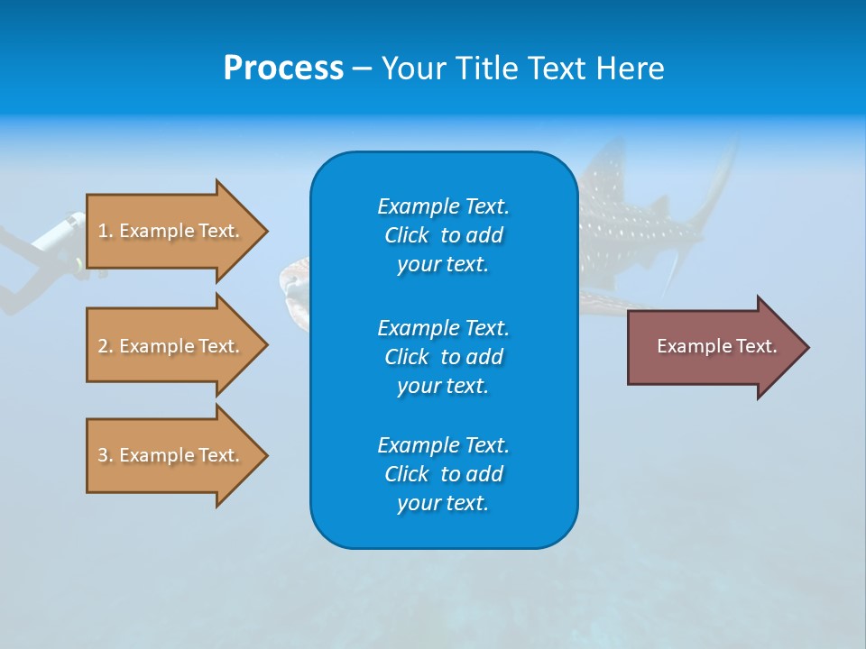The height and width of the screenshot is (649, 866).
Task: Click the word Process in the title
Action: point(283,69)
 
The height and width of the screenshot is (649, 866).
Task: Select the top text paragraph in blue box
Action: point(443,235)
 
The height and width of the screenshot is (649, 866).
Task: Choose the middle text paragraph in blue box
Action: point(443,356)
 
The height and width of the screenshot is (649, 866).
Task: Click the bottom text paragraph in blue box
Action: point(443,474)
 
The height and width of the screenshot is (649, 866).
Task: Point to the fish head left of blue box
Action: point(294,285)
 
